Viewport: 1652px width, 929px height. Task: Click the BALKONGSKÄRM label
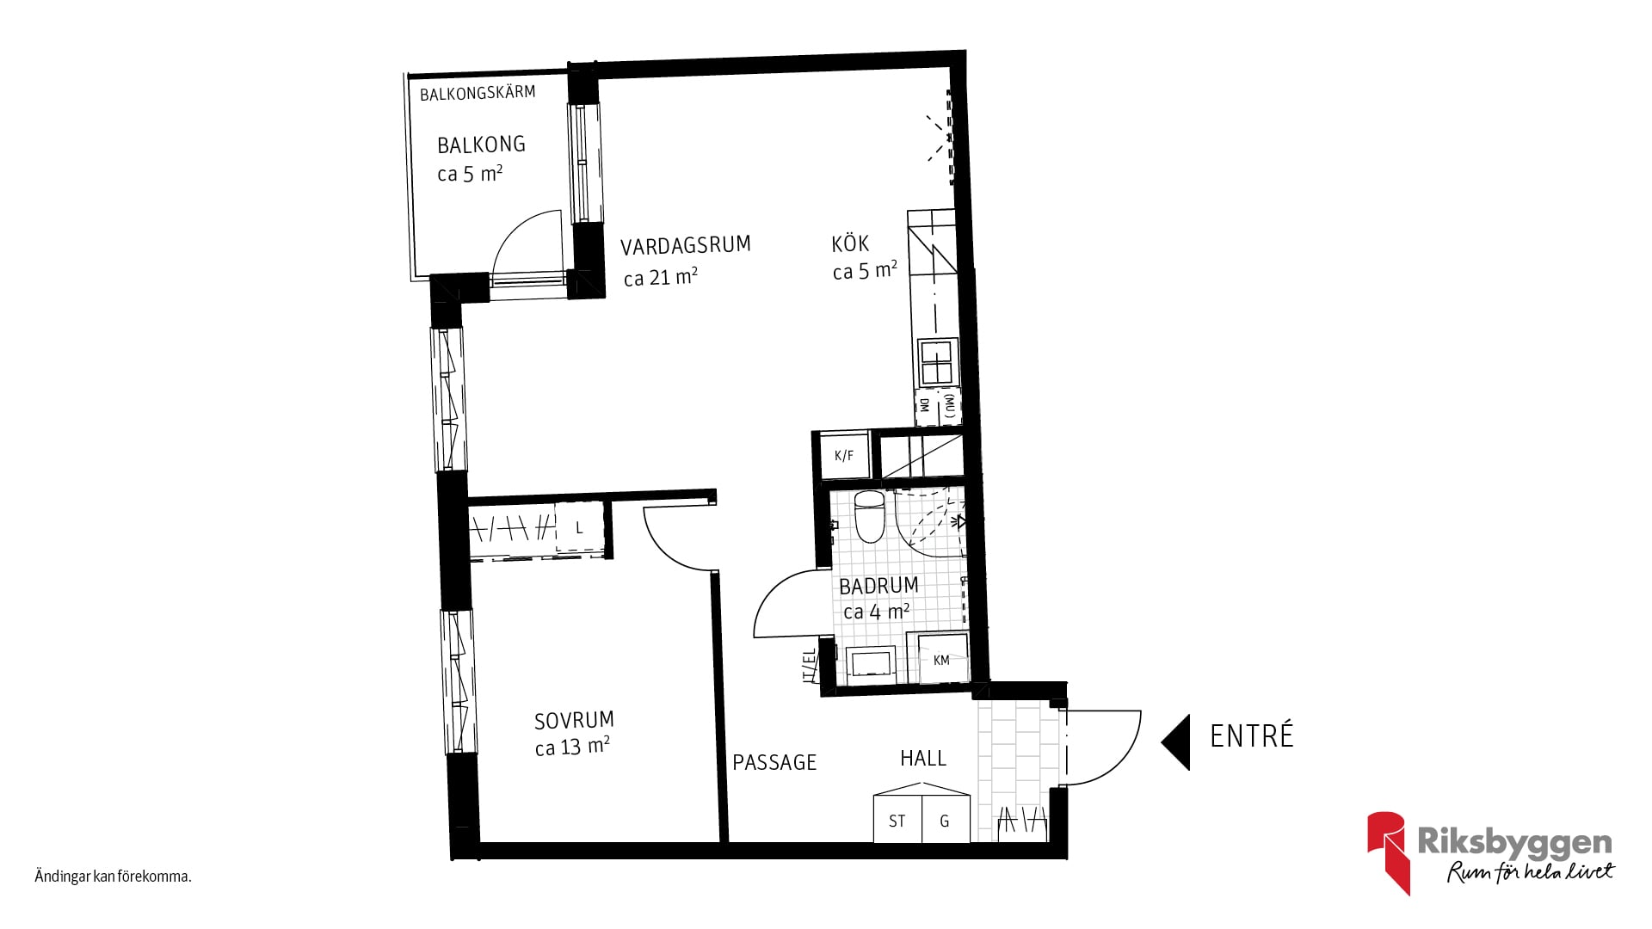click(478, 93)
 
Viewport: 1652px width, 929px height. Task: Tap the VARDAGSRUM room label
click(686, 246)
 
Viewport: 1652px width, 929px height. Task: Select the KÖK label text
click(850, 243)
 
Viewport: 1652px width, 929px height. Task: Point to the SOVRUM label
click(574, 720)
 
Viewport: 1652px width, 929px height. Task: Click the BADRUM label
click(878, 586)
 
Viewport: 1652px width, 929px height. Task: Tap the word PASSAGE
click(774, 763)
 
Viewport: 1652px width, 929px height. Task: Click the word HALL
click(923, 759)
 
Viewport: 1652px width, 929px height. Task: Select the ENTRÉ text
click(1252, 736)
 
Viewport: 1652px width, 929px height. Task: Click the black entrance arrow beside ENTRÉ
click(1175, 741)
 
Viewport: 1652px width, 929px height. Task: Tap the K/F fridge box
click(845, 455)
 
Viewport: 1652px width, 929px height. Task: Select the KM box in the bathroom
click(942, 659)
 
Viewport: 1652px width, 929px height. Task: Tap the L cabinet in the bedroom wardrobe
click(579, 527)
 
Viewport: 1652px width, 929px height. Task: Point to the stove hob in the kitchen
click(937, 361)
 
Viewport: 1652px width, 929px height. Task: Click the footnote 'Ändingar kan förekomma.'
click(113, 877)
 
